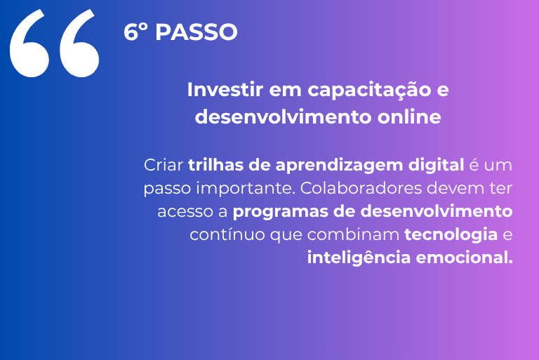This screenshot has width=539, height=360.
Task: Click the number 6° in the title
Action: [135, 32]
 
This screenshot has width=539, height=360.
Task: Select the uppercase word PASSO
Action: [197, 32]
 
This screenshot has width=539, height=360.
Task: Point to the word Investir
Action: [225, 89]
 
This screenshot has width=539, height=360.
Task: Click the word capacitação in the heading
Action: [369, 91]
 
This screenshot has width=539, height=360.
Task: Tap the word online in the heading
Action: [409, 116]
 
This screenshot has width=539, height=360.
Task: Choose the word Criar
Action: [164, 165]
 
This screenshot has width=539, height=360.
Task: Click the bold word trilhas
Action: [215, 165]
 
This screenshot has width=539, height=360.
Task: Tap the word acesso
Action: [185, 212]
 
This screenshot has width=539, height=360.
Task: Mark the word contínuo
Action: [227, 235]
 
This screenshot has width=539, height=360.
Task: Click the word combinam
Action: [353, 234]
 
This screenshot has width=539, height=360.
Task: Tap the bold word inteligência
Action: [359, 258]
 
